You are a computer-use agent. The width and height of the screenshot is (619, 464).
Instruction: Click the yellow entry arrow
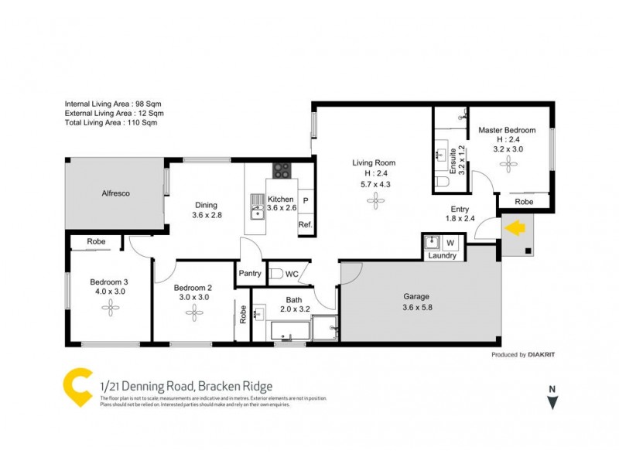[x=515, y=228]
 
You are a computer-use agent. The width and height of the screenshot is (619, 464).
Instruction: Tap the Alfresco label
[x=114, y=193]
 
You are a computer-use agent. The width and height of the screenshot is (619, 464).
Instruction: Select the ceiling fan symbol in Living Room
[x=375, y=201]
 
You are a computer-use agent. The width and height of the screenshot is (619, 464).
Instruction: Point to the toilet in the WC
[x=276, y=274]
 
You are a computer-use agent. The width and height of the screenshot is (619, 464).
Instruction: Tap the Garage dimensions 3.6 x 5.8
[x=416, y=307]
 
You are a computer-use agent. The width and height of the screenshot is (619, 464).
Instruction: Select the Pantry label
[x=250, y=273]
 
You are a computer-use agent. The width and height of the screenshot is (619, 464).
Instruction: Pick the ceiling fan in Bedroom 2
[x=194, y=312]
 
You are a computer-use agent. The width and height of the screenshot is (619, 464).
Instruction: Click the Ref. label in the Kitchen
[x=305, y=225]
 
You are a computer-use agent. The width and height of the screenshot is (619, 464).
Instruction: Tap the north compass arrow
[x=552, y=402]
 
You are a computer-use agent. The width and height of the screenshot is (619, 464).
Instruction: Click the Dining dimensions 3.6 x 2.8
[x=207, y=215]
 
